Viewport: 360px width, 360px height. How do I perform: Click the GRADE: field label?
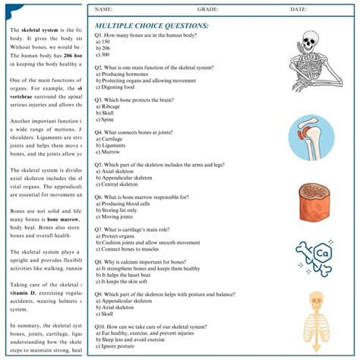tap(208, 9)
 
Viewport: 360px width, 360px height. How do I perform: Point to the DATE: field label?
tap(298, 9)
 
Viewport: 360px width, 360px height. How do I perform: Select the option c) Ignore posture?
tap(115, 346)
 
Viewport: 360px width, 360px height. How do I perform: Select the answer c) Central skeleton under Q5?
tap(117, 184)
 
